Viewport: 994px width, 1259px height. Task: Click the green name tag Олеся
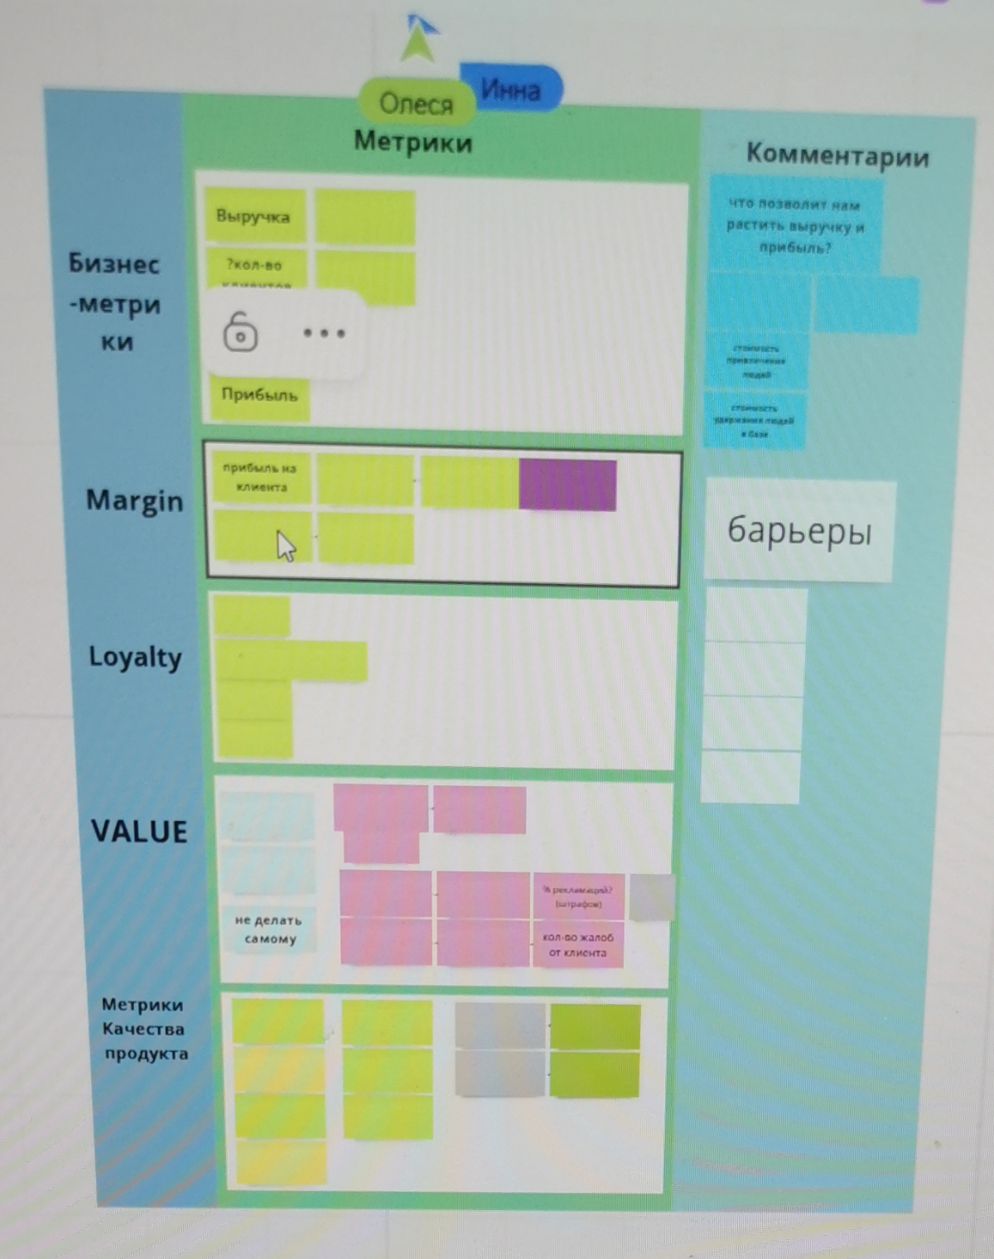(x=416, y=104)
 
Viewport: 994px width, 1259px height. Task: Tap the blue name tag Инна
(x=511, y=89)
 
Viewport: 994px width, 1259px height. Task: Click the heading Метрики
(x=413, y=142)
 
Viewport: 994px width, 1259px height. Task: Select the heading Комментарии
(x=837, y=155)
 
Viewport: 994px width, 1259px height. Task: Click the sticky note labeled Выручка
(x=253, y=216)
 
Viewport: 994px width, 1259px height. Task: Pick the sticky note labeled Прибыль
(x=259, y=395)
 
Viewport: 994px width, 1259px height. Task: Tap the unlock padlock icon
(x=240, y=332)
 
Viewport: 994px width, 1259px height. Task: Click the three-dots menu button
(x=324, y=333)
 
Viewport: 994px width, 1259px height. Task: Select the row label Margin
(x=134, y=501)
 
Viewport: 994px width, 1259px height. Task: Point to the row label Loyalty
(x=135, y=658)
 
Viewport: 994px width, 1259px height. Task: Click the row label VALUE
(x=139, y=832)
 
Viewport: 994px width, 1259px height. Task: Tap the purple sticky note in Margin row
(x=567, y=485)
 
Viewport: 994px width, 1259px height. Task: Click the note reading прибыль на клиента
(x=261, y=478)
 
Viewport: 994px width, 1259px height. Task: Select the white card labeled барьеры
(x=799, y=530)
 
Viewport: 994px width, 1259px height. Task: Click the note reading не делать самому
(x=269, y=929)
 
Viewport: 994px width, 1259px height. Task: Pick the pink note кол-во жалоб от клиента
(x=577, y=945)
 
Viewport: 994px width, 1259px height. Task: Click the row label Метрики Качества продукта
(x=144, y=1029)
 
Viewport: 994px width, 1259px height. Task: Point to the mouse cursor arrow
(x=285, y=546)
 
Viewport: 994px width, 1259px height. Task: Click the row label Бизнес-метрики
(x=115, y=302)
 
